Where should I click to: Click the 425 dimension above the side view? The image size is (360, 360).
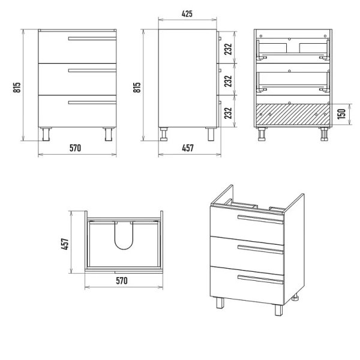click(x=187, y=14)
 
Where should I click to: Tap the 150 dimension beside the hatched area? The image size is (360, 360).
click(x=341, y=114)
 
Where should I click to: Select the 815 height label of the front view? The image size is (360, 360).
click(x=17, y=87)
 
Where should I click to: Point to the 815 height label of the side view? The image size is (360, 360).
click(x=137, y=87)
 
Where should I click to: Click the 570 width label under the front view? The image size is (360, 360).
click(x=76, y=148)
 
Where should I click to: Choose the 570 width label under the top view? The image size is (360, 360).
click(x=122, y=281)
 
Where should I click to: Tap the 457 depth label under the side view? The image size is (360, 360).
click(x=188, y=148)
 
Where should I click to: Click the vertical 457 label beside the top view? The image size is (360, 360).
click(x=65, y=244)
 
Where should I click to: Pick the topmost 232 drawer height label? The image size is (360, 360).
click(x=228, y=49)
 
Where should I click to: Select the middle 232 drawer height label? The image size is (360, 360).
click(x=228, y=81)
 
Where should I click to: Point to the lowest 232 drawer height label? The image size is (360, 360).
click(x=228, y=113)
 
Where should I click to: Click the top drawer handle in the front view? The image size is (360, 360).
click(x=92, y=38)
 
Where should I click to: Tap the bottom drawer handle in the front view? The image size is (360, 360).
click(x=92, y=103)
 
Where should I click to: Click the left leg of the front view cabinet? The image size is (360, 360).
click(x=46, y=134)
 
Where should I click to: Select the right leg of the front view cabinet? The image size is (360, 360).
click(x=109, y=134)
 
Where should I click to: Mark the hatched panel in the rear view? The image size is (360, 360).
click(x=293, y=115)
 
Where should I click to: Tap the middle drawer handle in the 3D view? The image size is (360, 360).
click(x=260, y=250)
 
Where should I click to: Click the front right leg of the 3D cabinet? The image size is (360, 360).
click(x=279, y=310)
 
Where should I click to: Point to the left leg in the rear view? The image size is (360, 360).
click(x=262, y=134)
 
